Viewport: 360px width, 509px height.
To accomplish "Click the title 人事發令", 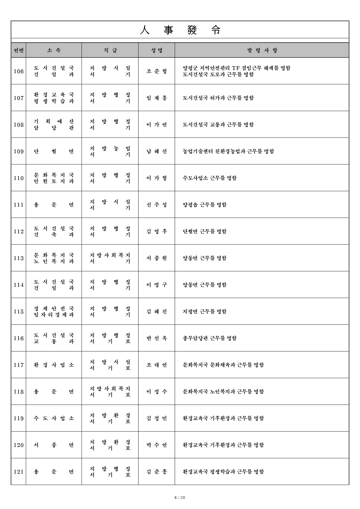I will (x=180, y=30).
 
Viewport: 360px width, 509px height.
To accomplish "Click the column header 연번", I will (x=19, y=50).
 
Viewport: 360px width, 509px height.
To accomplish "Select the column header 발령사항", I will (x=262, y=50).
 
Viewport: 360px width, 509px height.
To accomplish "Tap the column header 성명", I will (x=157, y=50).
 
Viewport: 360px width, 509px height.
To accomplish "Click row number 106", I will (x=19, y=71).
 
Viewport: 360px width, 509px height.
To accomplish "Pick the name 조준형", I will (x=157, y=71).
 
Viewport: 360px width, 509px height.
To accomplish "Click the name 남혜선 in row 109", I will (x=157, y=151).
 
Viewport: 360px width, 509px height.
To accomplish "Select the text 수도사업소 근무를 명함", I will (x=210, y=178).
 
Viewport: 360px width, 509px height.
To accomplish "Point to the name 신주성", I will (x=157, y=205).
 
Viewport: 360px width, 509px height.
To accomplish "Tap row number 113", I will (x=19, y=258).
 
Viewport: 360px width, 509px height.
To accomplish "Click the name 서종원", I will (x=157, y=258).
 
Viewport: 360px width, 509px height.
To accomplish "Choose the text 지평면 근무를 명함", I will (x=204, y=312).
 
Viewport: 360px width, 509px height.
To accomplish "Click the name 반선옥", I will (x=157, y=338).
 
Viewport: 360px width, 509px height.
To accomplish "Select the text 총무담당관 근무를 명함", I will (x=210, y=338).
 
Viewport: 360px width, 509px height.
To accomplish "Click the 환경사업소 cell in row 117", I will (x=54, y=365).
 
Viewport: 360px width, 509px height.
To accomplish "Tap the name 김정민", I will (x=157, y=418).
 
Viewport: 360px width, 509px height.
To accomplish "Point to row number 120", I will (x=19, y=445).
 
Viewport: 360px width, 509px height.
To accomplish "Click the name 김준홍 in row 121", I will (x=157, y=472).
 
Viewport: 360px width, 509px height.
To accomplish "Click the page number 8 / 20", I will (x=180, y=498).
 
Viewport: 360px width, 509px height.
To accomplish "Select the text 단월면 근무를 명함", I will (x=204, y=232).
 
